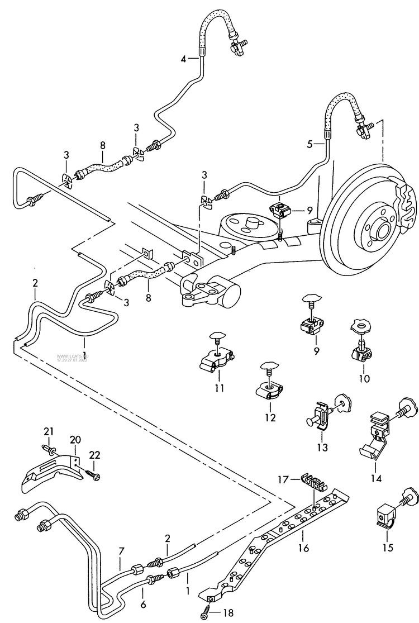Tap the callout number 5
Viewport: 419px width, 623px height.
tap(310, 144)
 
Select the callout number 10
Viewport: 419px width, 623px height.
tap(364, 378)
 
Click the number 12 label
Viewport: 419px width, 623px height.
tap(270, 417)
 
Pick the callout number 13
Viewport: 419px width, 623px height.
tap(322, 447)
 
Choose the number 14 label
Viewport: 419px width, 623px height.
tap(375, 478)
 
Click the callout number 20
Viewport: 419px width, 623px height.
tap(75, 439)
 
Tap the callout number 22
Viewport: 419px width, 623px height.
tap(94, 456)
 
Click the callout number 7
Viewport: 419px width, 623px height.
tap(122, 552)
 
